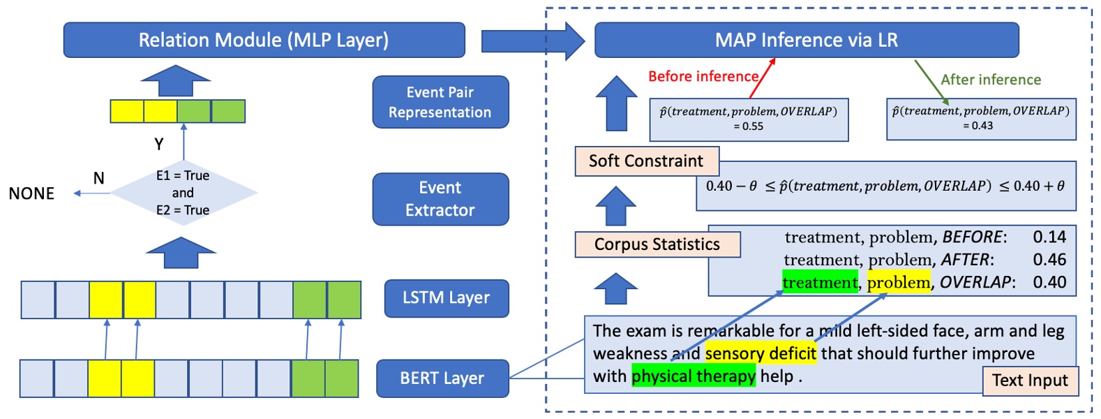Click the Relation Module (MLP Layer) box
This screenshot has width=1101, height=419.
(x=264, y=40)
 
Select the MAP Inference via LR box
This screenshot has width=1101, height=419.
(x=807, y=40)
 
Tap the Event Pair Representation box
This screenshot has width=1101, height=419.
(x=440, y=102)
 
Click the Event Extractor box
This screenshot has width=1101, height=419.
(x=440, y=199)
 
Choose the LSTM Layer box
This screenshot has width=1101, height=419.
(x=447, y=298)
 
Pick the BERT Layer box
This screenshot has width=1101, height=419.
(x=442, y=378)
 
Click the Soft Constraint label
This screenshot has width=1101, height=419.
(x=646, y=161)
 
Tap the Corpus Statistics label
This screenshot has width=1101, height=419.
(x=657, y=244)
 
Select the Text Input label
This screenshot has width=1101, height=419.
(x=1030, y=381)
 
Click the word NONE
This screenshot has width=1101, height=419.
(x=31, y=193)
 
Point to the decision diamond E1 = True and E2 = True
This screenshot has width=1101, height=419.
(x=183, y=193)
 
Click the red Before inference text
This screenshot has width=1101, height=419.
(x=703, y=76)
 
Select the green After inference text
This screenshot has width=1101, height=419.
(x=991, y=80)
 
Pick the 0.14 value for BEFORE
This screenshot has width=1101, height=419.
(x=1049, y=237)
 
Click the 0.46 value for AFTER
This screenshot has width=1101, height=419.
(x=1049, y=260)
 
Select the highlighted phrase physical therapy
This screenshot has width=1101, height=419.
(x=694, y=376)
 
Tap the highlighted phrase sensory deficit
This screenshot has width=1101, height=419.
(x=761, y=353)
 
